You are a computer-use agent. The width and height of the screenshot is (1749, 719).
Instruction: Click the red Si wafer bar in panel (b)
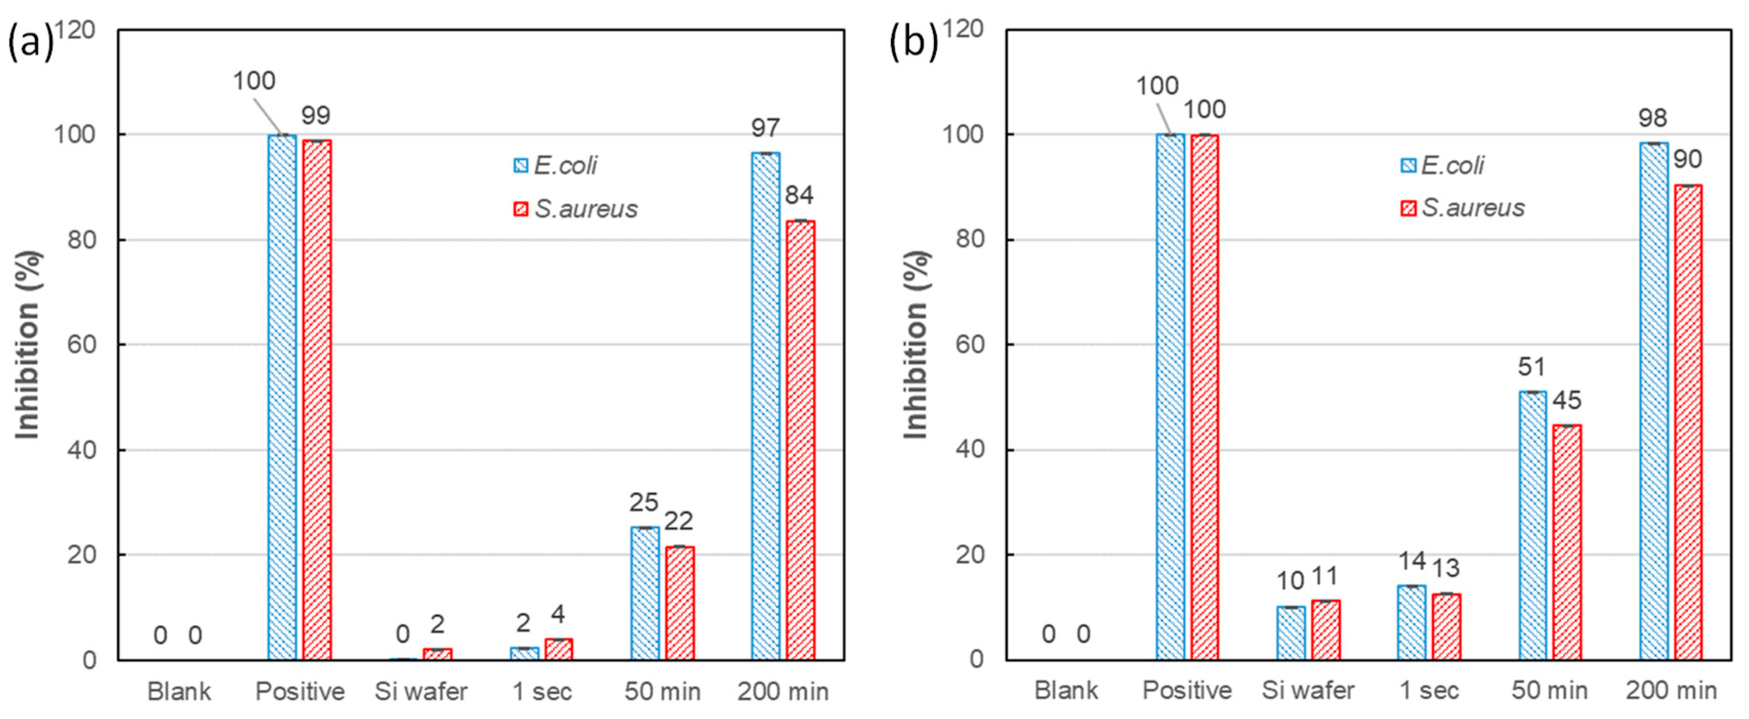(x=1325, y=629)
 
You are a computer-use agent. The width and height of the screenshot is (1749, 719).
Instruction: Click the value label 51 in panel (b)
(x=1531, y=367)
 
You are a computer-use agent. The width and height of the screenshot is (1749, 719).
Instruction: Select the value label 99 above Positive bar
(x=316, y=115)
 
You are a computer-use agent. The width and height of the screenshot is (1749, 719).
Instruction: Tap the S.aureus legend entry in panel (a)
(x=576, y=209)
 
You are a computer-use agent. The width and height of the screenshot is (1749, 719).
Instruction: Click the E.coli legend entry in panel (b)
(x=1443, y=165)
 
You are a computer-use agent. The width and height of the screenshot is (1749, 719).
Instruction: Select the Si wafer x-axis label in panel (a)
(x=421, y=691)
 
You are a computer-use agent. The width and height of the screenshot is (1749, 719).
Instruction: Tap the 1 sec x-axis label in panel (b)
(x=1429, y=690)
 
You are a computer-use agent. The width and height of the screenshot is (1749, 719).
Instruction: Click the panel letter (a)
(x=29, y=43)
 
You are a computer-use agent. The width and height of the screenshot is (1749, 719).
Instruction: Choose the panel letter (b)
(x=913, y=43)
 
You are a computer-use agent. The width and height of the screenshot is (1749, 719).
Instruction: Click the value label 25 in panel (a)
(x=643, y=502)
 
